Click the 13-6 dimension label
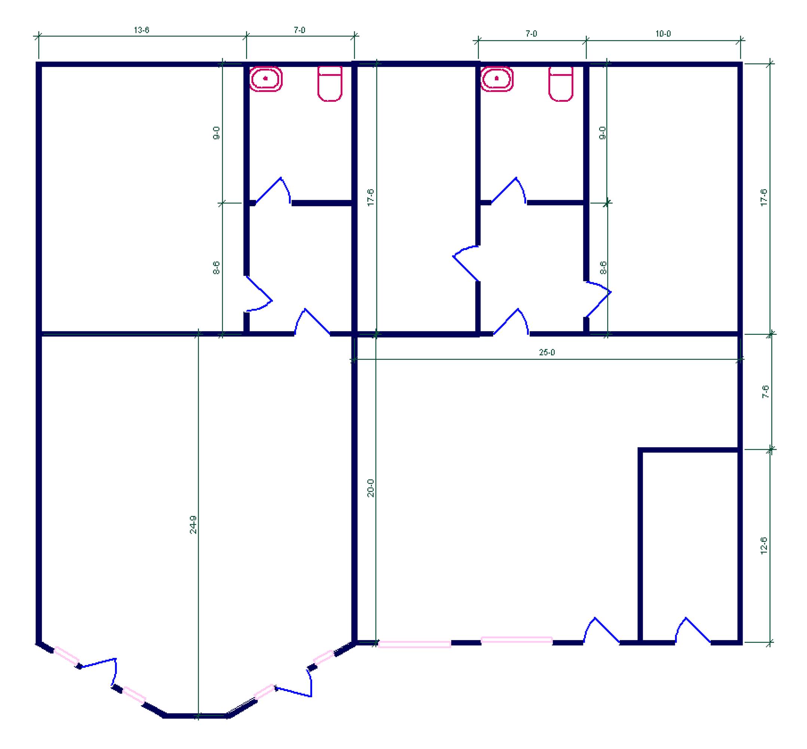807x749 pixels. coord(141,30)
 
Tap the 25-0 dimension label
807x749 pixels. coord(547,352)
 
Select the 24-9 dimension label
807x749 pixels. coord(193,524)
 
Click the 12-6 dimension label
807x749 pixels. coord(763,546)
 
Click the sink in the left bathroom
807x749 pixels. coord(266,78)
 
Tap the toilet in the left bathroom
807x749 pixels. coord(330,84)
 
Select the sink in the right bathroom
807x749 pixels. coord(496,78)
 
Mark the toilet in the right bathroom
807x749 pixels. coord(561,84)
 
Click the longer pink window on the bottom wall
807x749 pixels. coord(414,644)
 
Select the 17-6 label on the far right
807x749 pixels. coord(764,198)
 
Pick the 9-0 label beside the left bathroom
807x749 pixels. coord(217,133)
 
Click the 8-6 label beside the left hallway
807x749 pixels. coord(217,267)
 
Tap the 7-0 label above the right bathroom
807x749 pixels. coord(531,34)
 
